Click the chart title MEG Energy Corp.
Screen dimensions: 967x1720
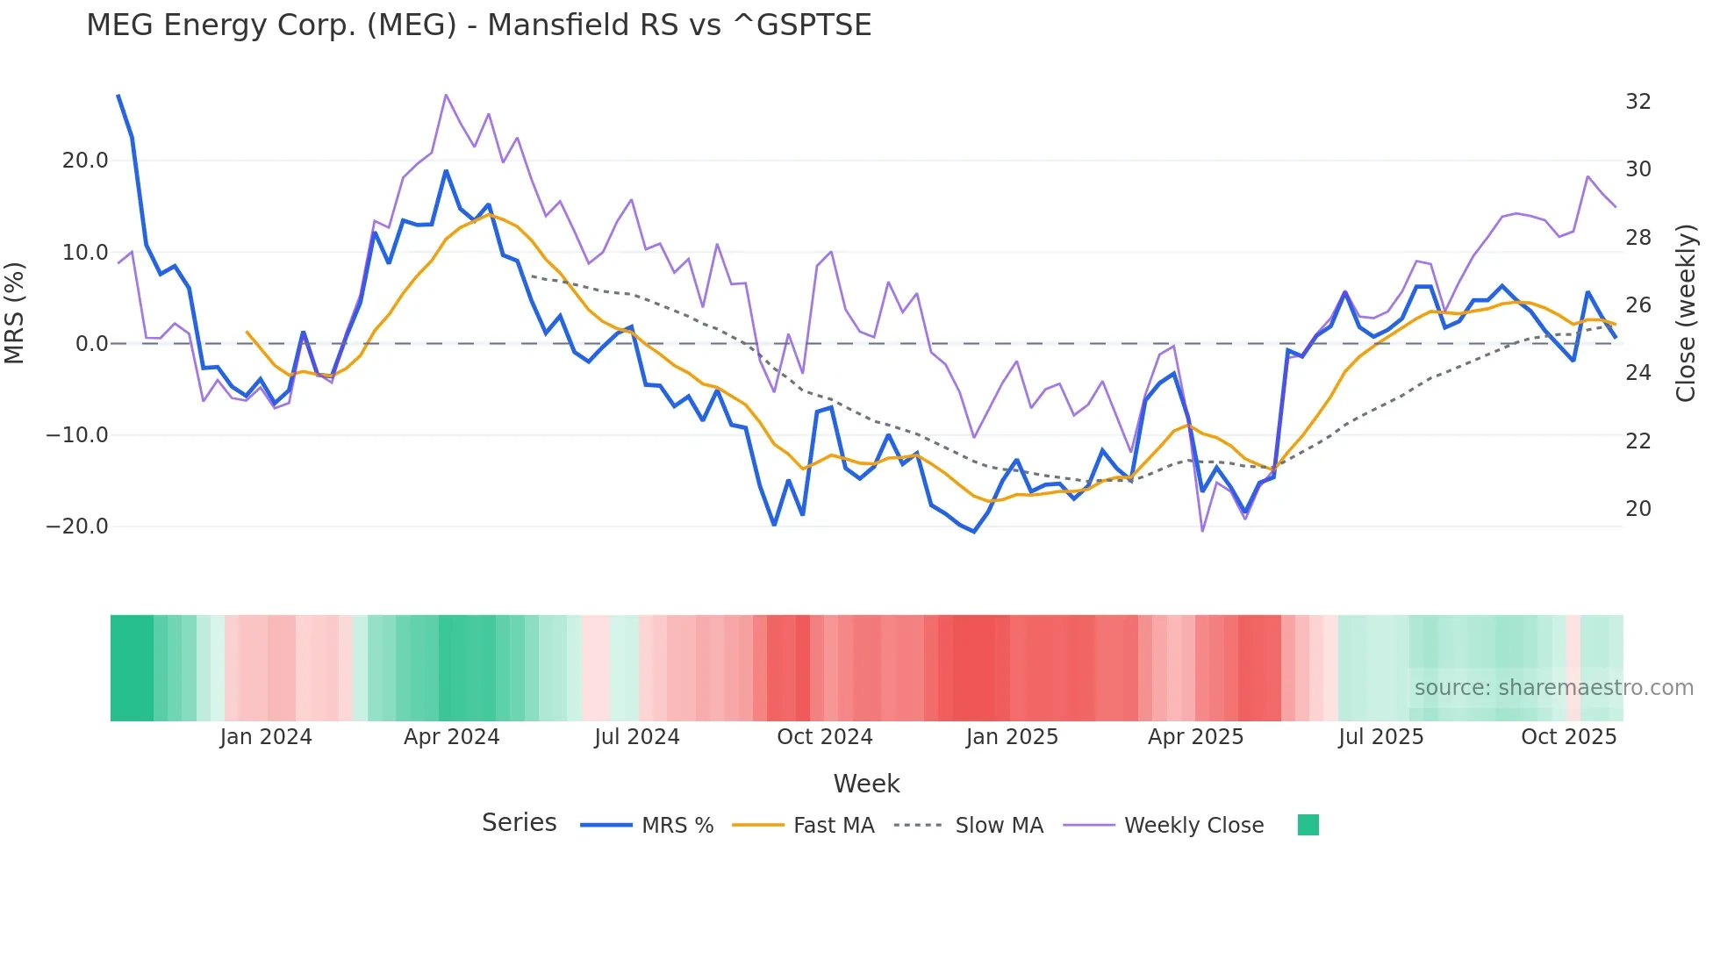(x=478, y=25)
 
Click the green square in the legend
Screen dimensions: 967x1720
(x=1308, y=825)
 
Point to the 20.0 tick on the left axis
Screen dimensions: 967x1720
(x=85, y=161)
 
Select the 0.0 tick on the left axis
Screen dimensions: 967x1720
(x=91, y=344)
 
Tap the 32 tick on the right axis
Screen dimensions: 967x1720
(x=1638, y=102)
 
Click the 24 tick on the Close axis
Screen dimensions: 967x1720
(x=1638, y=373)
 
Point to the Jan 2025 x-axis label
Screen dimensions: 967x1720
(x=1012, y=737)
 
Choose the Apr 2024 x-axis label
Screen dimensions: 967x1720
(x=451, y=737)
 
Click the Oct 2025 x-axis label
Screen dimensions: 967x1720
(x=1568, y=737)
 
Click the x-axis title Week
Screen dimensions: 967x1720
(x=866, y=784)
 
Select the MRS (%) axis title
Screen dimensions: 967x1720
(x=15, y=313)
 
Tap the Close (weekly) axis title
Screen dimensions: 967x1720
(x=1686, y=313)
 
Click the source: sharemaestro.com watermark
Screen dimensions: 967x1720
(x=1553, y=688)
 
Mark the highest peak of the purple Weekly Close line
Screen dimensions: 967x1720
(x=446, y=95)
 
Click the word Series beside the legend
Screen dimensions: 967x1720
(x=519, y=823)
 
